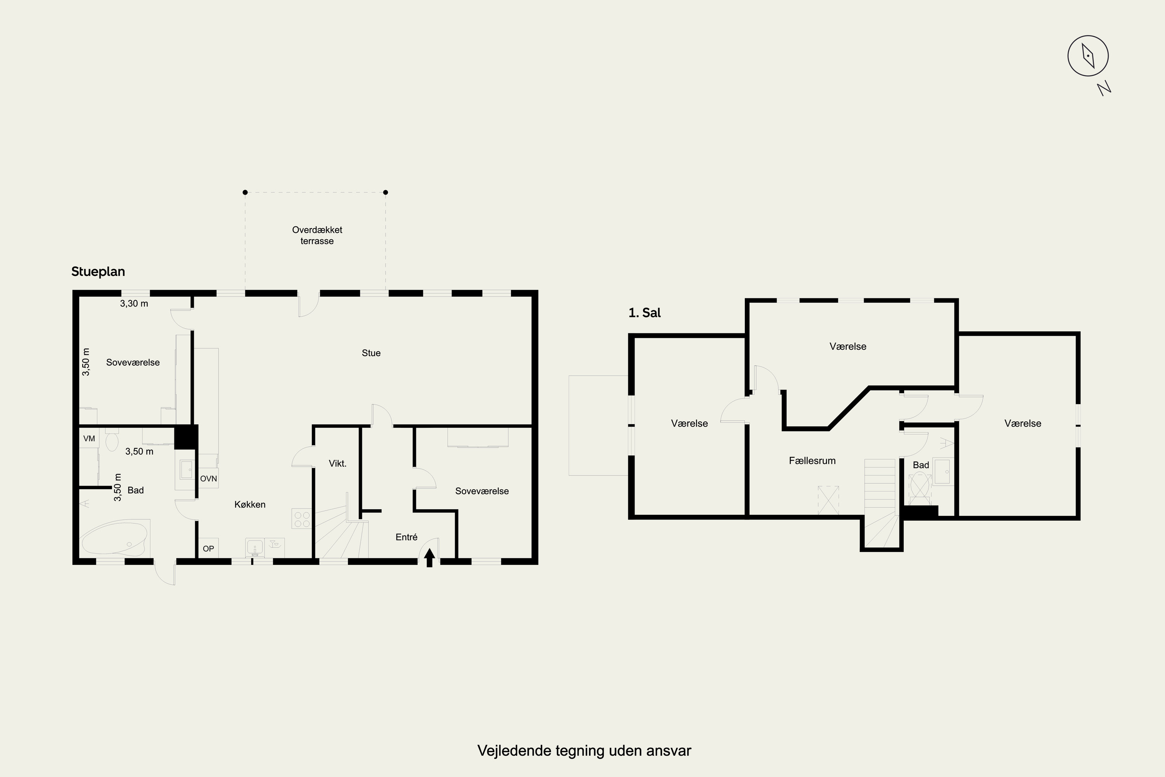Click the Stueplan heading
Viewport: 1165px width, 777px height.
point(98,272)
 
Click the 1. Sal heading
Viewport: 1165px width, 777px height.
point(644,313)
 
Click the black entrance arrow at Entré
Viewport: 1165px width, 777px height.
point(429,557)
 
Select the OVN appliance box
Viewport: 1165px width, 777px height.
point(209,479)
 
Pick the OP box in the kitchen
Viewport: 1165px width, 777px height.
point(208,549)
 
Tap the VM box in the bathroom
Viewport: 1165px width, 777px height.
point(89,439)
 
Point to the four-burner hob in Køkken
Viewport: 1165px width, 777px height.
point(302,519)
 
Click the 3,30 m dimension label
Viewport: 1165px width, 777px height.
point(134,303)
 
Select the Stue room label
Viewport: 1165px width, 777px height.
point(371,353)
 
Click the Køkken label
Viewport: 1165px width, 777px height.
point(250,504)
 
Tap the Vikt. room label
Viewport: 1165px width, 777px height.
point(337,463)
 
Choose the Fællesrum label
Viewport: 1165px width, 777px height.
point(812,460)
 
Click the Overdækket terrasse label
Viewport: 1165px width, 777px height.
point(317,235)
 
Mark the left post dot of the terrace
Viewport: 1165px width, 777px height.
point(245,192)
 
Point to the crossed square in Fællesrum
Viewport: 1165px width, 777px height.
point(828,500)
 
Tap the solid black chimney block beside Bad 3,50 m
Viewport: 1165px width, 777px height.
point(186,437)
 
